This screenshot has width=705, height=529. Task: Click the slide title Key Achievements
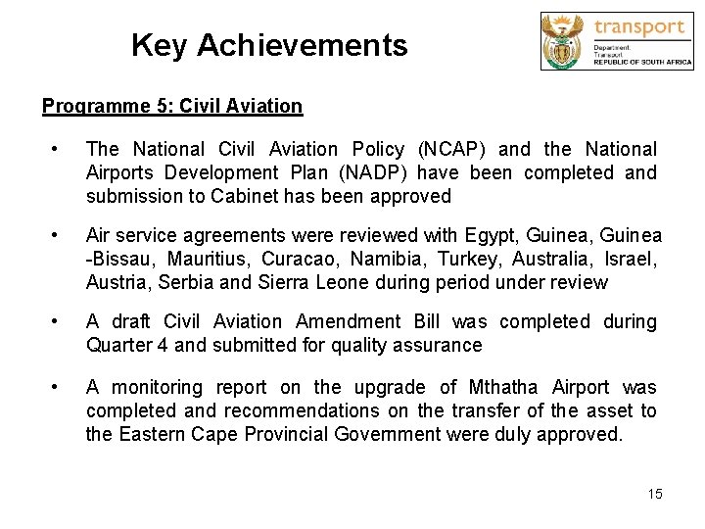pyautogui.click(x=269, y=45)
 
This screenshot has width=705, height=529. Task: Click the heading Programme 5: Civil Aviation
pyautogui.click(x=172, y=105)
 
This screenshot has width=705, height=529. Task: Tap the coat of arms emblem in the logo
pyautogui.click(x=565, y=41)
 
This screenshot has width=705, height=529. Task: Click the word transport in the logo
pyautogui.click(x=639, y=26)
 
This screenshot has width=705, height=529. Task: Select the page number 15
pyautogui.click(x=655, y=494)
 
